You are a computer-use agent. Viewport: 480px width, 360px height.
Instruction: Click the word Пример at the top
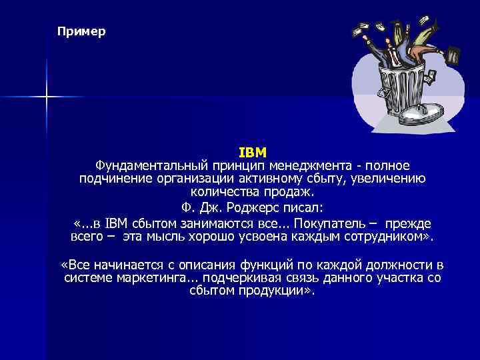coord(81,31)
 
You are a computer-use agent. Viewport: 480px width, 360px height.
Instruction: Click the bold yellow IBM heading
coord(253,152)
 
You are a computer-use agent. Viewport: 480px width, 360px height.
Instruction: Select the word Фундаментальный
coord(142,165)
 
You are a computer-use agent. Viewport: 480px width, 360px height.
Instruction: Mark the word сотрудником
coord(387,236)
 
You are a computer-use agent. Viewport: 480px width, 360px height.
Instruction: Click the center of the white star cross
coord(47,97)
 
